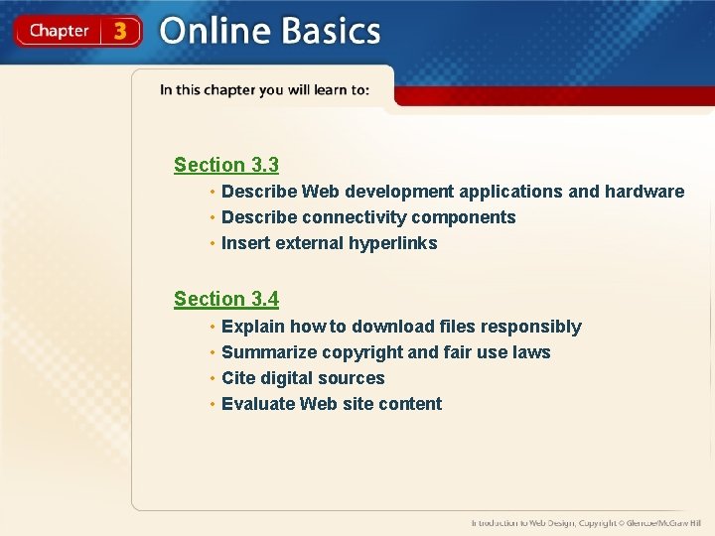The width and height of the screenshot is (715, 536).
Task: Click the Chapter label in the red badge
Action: (x=59, y=31)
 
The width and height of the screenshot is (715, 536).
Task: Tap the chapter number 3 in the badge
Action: (x=120, y=31)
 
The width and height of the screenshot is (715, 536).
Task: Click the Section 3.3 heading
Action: (x=226, y=165)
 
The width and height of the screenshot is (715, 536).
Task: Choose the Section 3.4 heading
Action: (x=226, y=299)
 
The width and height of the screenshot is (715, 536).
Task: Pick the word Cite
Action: (x=239, y=378)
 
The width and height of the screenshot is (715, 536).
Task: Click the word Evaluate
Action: (x=258, y=404)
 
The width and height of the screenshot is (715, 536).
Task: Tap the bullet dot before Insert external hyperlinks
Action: (x=212, y=244)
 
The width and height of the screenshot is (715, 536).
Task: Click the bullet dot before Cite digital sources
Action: (x=212, y=379)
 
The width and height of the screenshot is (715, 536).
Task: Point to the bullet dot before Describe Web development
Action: (x=212, y=193)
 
